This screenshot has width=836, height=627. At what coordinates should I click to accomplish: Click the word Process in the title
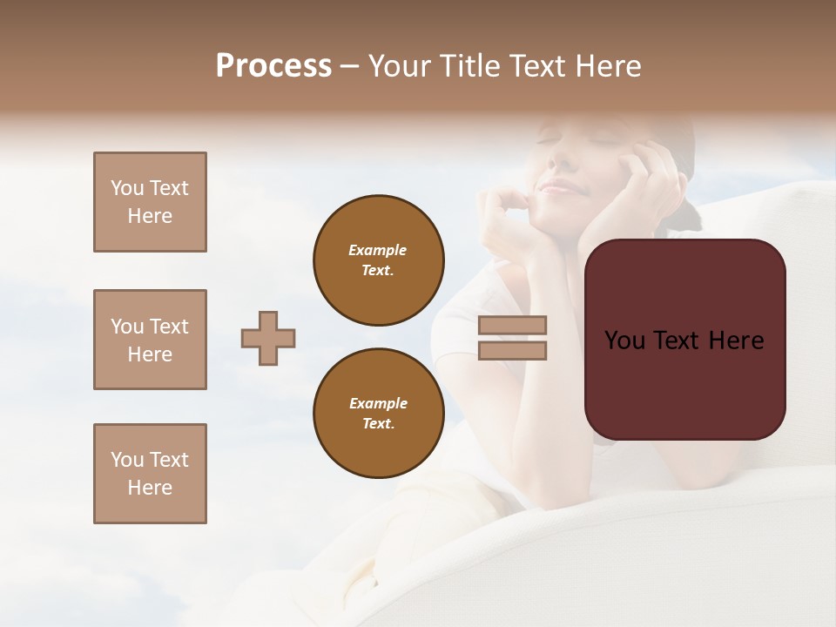tap(273, 66)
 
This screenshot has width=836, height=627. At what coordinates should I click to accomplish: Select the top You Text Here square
tap(150, 202)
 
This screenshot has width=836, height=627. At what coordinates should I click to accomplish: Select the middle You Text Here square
tap(150, 340)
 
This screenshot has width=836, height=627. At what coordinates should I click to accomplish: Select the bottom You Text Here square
tap(150, 474)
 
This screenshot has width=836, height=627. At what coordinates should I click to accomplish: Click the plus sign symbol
tap(268, 338)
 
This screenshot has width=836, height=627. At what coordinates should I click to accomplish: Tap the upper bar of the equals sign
tap(512, 325)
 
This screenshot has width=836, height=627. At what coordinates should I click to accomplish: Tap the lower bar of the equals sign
tap(512, 350)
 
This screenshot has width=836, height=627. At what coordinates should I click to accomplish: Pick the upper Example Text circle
tap(379, 260)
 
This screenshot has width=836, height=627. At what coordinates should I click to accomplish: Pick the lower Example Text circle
tap(379, 414)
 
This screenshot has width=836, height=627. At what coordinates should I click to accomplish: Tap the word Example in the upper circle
tap(377, 250)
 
